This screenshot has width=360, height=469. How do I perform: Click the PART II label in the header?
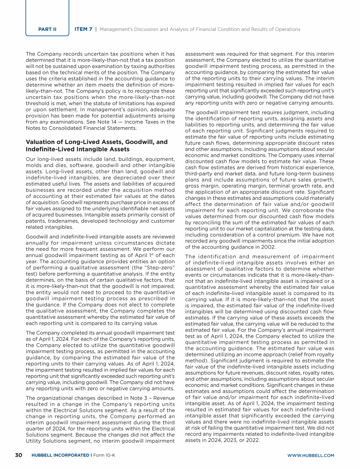click(47, 29)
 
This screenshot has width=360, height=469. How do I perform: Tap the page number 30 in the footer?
click(19, 455)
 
